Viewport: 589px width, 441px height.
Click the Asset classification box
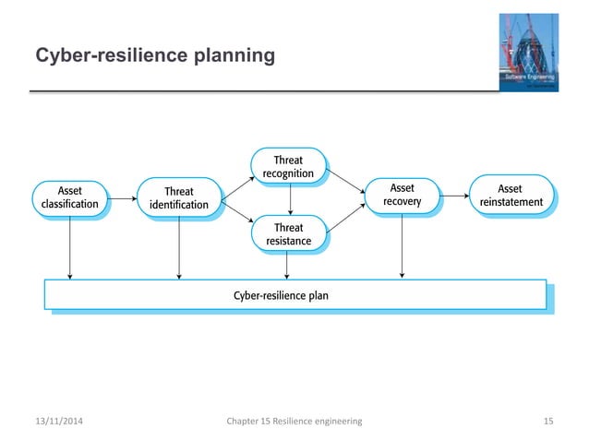coord(70,197)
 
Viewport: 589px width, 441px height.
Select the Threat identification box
coord(179,198)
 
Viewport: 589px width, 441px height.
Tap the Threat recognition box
coord(289,166)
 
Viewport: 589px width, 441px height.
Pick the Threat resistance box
coord(289,234)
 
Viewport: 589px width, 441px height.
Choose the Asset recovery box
coord(402,196)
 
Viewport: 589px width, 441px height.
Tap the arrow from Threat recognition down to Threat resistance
coord(290,200)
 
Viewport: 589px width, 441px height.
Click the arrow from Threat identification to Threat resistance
coord(237,214)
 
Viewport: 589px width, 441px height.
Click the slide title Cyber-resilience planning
coord(154,57)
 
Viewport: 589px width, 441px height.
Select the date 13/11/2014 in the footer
coord(58,421)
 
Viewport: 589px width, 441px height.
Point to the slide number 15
coord(548,421)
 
